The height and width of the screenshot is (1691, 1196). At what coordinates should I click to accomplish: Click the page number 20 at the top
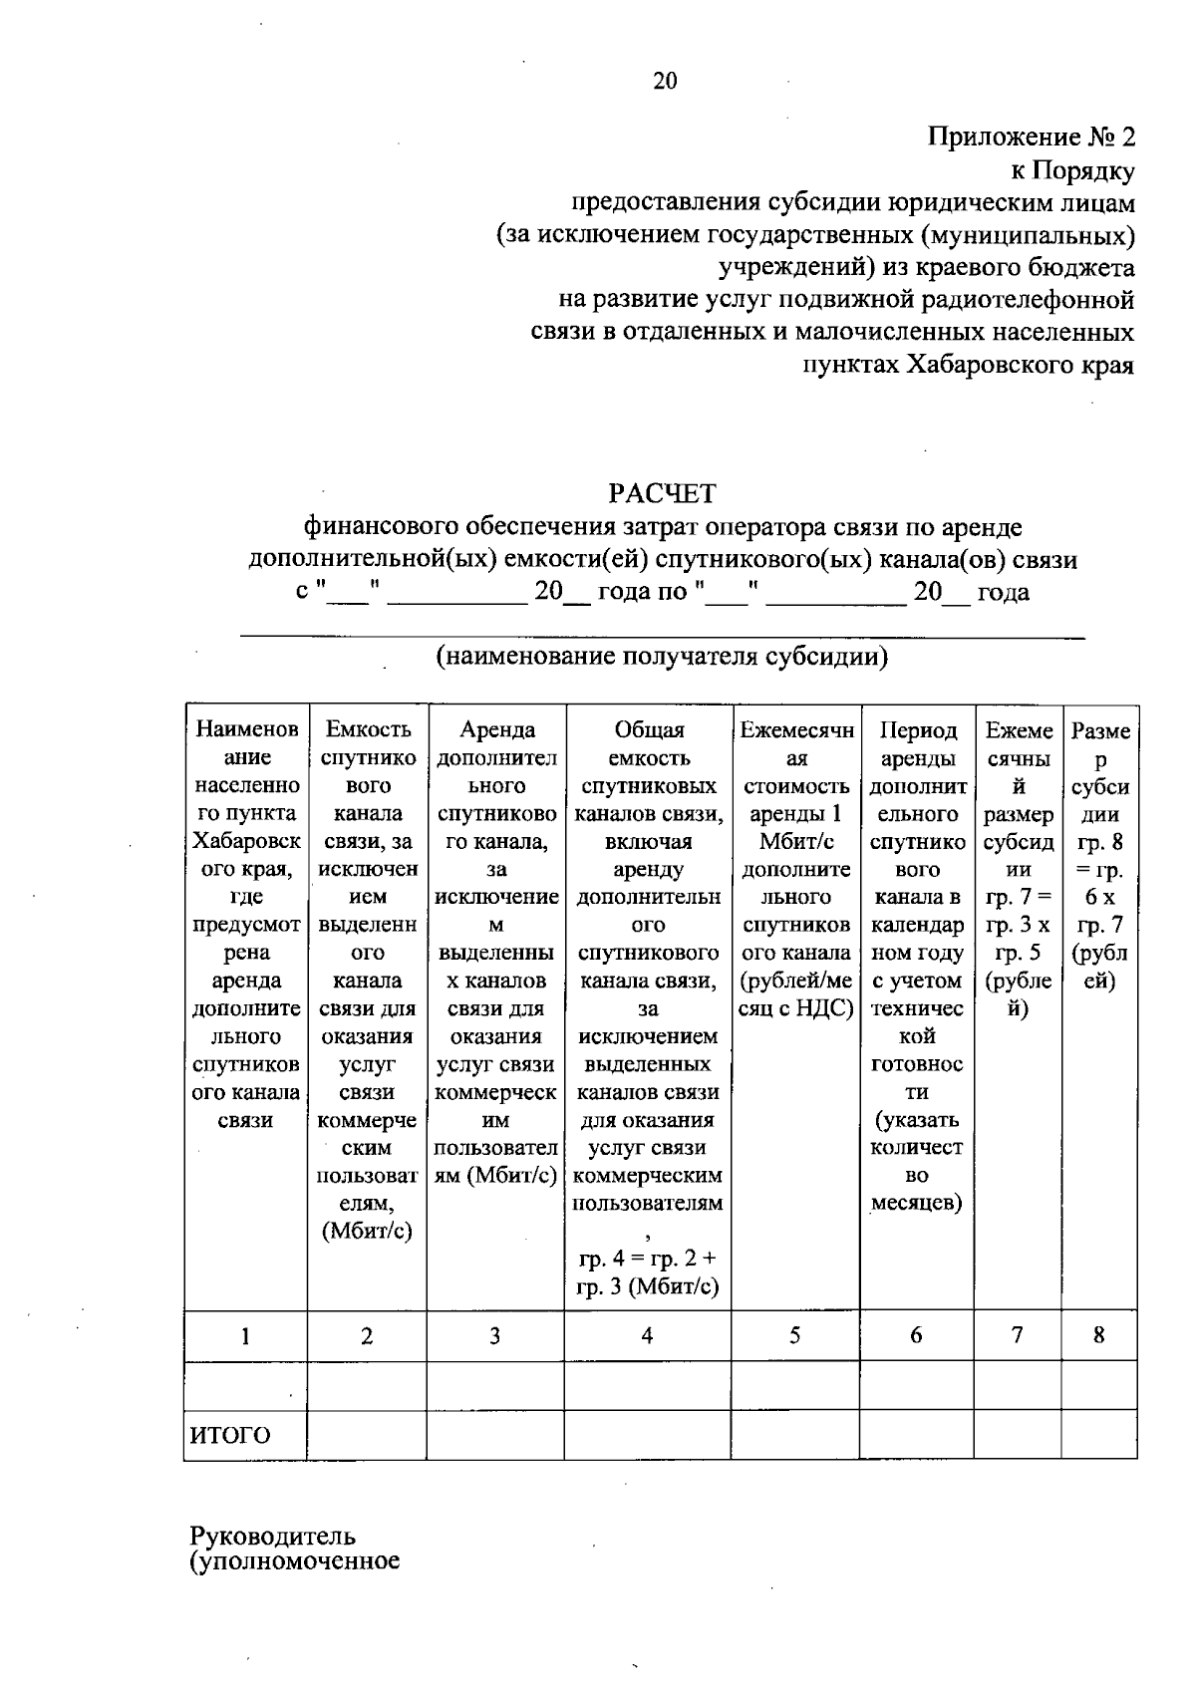click(x=665, y=82)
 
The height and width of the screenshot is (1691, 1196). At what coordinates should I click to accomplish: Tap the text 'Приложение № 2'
click(x=1032, y=138)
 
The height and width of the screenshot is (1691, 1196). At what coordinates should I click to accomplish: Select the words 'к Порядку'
click(x=1072, y=170)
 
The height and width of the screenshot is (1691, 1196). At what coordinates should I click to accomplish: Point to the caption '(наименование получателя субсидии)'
click(x=662, y=658)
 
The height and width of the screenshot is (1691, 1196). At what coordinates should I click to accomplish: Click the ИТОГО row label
click(x=230, y=1436)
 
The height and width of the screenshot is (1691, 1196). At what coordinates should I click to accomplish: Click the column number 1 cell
click(x=245, y=1336)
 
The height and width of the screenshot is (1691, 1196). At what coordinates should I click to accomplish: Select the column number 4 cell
click(x=648, y=1336)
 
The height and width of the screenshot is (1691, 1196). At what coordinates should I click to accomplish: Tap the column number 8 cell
click(x=1098, y=1336)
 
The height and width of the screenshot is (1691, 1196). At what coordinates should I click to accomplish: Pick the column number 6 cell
click(x=916, y=1336)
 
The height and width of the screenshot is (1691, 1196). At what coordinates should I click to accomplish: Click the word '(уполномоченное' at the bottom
click(x=295, y=1560)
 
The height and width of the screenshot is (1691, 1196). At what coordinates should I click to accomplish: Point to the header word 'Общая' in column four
click(x=649, y=730)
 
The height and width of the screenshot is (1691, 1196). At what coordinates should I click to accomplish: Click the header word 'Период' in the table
click(x=917, y=730)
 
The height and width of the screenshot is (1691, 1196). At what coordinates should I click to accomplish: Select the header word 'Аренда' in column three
click(x=496, y=730)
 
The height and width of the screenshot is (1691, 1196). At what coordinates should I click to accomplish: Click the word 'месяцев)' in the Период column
click(x=917, y=1203)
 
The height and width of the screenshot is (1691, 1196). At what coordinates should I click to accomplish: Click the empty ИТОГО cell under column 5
click(x=795, y=1436)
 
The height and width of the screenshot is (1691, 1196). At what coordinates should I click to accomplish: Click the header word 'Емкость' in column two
click(x=368, y=730)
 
